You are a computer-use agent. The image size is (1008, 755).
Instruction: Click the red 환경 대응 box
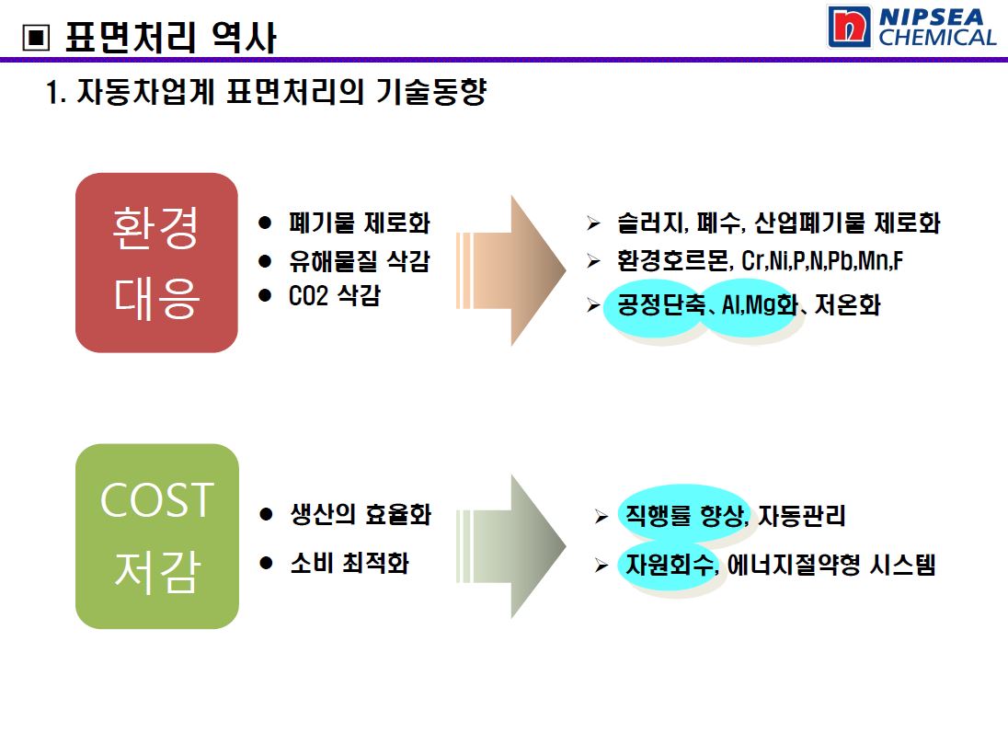click(x=156, y=262)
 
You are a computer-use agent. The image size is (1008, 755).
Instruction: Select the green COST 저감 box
click(x=157, y=536)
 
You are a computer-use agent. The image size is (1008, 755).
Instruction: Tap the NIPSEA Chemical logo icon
click(x=849, y=27)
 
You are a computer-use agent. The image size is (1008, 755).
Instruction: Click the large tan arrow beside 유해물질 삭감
click(x=510, y=270)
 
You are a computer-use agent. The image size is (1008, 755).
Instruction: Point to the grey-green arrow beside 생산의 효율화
click(x=510, y=546)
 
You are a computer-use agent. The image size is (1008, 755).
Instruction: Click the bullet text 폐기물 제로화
click(x=359, y=223)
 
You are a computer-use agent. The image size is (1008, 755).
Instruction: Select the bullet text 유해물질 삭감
click(x=359, y=261)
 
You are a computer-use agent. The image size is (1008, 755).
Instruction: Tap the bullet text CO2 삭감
click(x=334, y=295)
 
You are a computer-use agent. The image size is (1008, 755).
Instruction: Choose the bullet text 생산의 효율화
click(x=360, y=514)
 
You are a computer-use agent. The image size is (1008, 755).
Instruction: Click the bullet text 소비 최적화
click(x=349, y=563)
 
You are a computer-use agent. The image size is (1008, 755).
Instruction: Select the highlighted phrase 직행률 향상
click(x=685, y=515)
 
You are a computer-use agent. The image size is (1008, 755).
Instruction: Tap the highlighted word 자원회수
click(x=670, y=564)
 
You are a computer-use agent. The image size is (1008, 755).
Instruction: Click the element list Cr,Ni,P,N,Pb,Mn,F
click(x=822, y=261)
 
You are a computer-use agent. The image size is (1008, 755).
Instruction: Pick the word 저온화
click(x=847, y=303)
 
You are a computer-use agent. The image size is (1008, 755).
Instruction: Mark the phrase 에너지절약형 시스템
click(x=830, y=564)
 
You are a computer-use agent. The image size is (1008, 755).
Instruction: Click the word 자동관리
click(x=802, y=515)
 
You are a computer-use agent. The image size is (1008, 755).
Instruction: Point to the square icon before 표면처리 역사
click(x=36, y=38)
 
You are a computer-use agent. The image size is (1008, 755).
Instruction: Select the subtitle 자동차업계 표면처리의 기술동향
click(x=281, y=91)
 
